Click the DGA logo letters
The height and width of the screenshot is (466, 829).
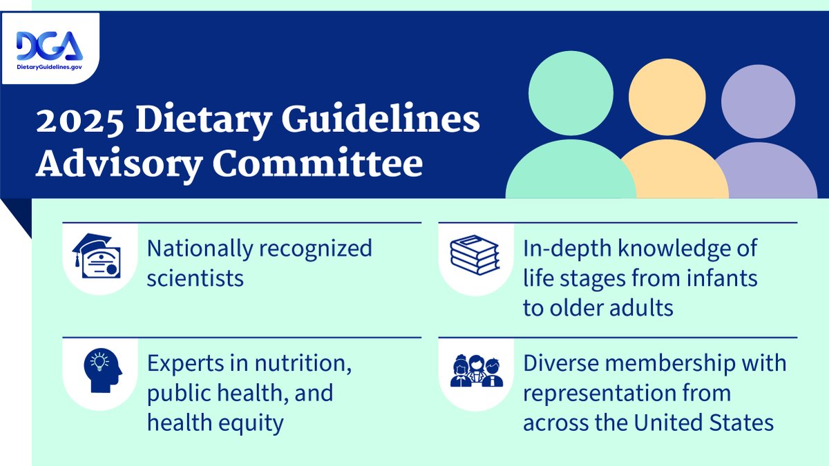pos(49,46)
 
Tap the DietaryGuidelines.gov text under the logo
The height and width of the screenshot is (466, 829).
pos(49,67)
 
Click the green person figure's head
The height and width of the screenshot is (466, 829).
pos(571,95)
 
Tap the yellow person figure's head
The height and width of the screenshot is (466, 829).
pos(667,97)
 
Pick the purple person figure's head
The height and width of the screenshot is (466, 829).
pos(758,101)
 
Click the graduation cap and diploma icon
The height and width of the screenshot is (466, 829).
pos(97,255)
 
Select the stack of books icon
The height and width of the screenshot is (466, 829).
pos(474,254)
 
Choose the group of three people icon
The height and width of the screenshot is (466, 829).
pos(477,371)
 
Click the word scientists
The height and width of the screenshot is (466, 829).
pos(196,278)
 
